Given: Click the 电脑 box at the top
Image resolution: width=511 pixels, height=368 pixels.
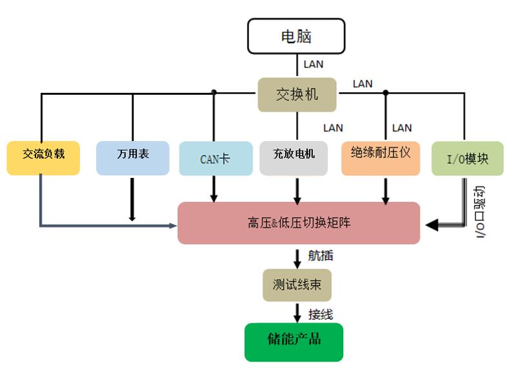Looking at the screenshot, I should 296,36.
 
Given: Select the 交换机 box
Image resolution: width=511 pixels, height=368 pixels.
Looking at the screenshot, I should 297,94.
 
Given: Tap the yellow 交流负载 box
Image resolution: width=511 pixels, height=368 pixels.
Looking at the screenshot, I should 43,157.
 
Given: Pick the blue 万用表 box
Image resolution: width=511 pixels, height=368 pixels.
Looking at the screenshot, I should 133,157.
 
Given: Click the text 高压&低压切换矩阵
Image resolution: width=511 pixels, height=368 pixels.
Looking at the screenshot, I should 299,223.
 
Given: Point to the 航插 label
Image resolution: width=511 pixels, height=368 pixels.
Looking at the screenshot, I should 320,257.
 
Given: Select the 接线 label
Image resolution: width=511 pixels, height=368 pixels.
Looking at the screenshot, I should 320,314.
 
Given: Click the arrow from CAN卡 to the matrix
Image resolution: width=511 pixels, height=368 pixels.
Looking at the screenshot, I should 214,189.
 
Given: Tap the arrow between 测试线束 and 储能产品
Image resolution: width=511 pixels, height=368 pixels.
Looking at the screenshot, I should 297,313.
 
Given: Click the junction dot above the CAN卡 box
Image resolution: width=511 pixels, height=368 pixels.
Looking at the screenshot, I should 214,92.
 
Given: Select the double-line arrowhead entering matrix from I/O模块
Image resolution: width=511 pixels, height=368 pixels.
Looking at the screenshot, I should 432,224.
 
